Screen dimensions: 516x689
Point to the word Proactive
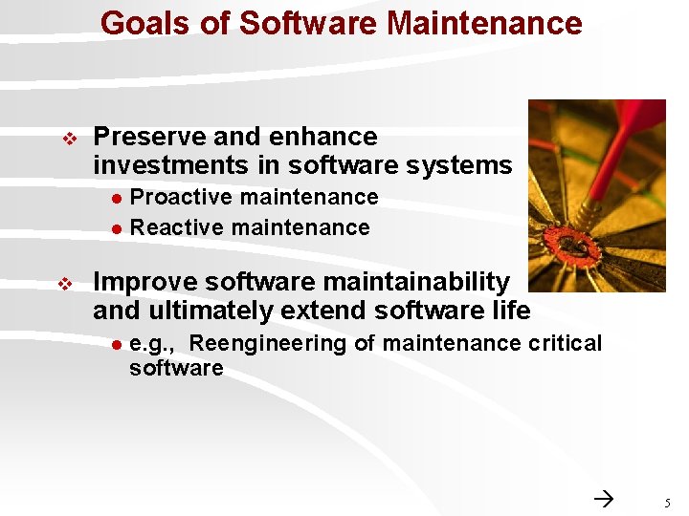180,197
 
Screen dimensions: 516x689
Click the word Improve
145,282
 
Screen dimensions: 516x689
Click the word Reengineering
270,343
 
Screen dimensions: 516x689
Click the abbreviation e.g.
151,344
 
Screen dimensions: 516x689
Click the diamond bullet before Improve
67,284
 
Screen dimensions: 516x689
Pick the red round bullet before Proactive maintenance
115,198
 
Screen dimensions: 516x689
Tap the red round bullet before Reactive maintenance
115,228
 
